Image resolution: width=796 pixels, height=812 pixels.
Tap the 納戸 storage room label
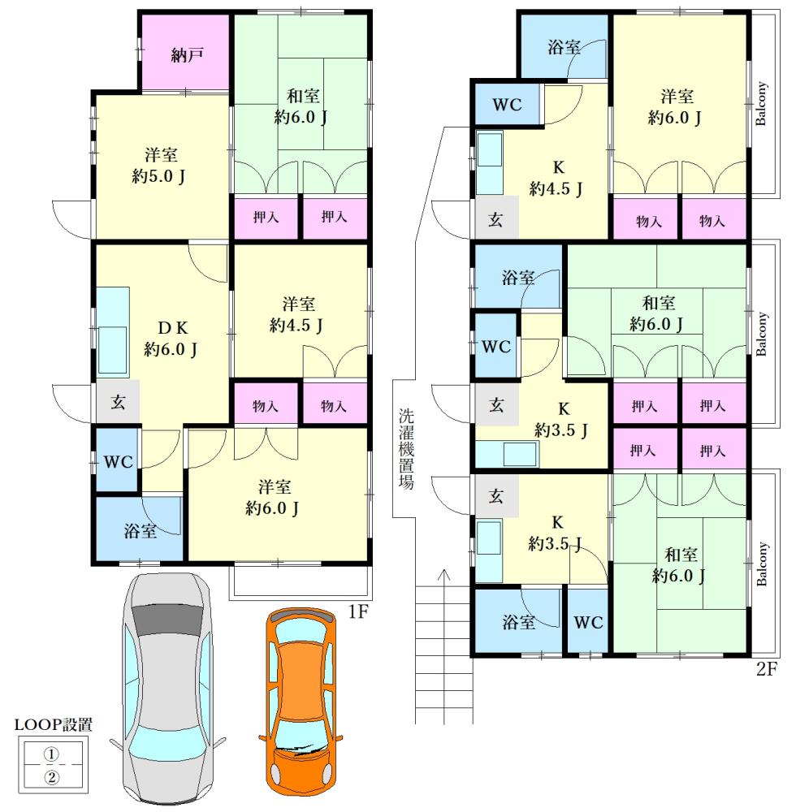(187, 54)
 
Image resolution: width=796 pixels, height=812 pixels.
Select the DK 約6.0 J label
(171, 339)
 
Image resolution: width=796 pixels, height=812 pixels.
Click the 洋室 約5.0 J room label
(159, 165)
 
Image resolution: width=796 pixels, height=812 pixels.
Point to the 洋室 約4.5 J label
(296, 314)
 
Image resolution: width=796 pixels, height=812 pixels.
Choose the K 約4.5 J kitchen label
(556, 178)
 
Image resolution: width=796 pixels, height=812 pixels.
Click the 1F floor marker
(358, 611)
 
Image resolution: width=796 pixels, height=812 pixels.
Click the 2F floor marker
(767, 669)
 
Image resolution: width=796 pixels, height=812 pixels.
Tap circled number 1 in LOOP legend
(51, 754)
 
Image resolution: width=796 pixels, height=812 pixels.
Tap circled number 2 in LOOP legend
(51, 777)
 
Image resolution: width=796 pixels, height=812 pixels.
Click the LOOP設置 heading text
(54, 724)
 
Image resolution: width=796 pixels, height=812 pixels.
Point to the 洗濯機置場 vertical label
(406, 449)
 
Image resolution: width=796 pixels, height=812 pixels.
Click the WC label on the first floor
(118, 461)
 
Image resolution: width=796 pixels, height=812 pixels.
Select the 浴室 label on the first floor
(140, 531)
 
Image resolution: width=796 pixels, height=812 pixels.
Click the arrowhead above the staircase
(443, 574)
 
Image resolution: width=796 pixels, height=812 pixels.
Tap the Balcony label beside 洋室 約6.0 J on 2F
(760, 104)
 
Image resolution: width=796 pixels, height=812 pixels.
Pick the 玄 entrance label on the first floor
(118, 401)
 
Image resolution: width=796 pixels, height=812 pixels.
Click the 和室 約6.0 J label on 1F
(301, 106)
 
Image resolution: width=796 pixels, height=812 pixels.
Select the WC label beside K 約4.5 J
(507, 105)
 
